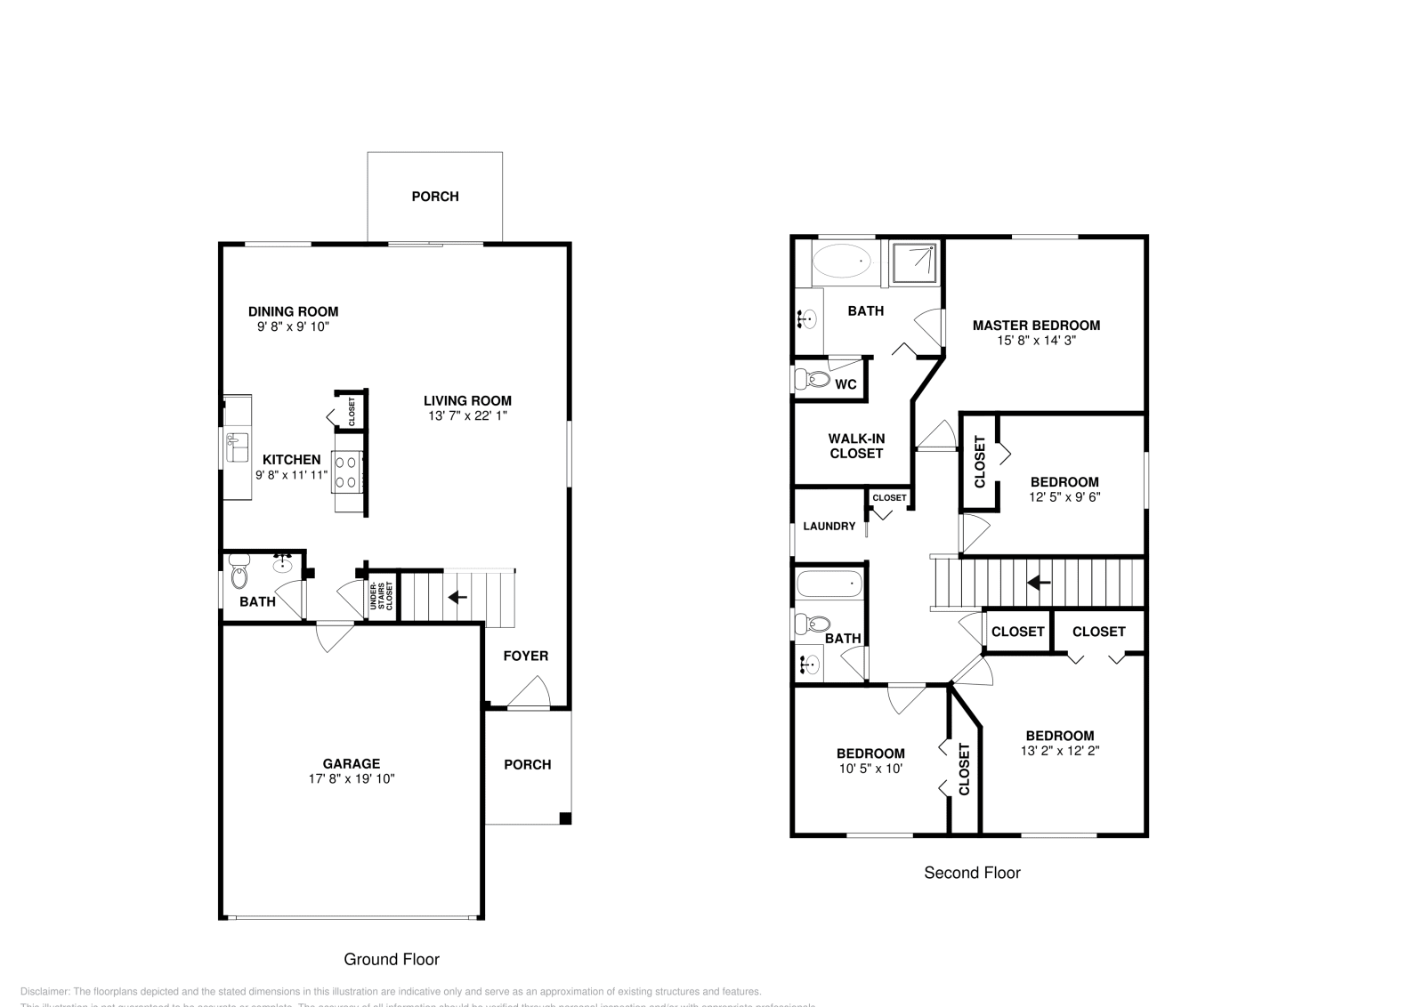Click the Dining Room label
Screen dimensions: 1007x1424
coord(293,311)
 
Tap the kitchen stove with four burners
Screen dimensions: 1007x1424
coord(347,471)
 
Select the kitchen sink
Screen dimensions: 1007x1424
coord(238,447)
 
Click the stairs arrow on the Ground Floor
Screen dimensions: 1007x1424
coord(457,597)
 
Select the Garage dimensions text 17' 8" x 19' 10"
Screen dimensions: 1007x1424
coord(352,778)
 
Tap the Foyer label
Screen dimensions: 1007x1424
coord(526,656)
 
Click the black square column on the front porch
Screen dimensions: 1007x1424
coord(564,818)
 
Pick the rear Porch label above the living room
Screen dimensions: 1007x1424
coord(435,197)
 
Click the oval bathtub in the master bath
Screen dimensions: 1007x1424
coord(842,263)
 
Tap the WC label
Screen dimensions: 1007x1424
coord(845,384)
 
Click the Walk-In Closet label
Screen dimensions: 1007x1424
coord(856,446)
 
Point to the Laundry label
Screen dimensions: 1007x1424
coord(829,526)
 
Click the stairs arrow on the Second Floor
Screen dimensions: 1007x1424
coord(1039,583)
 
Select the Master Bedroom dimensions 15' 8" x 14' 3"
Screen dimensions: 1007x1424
coord(1036,340)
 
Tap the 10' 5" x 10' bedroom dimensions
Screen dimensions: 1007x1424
coord(870,768)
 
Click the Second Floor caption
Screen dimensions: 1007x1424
coord(972,873)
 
